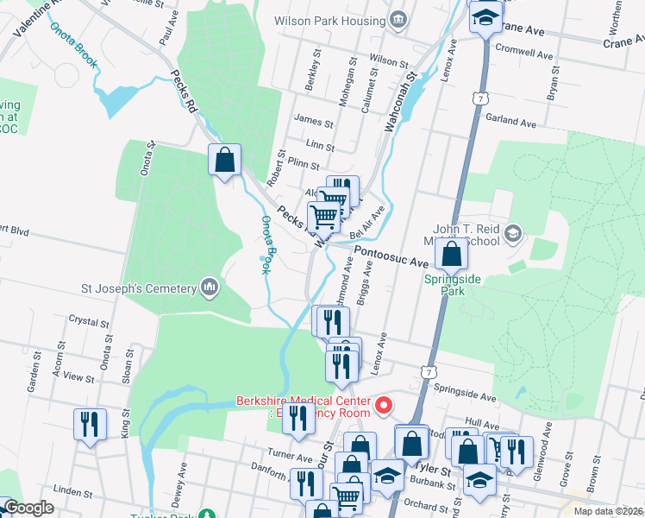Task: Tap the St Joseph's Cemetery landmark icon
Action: click(209, 286)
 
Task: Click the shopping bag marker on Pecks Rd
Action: click(224, 161)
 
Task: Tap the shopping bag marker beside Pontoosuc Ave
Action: click(451, 255)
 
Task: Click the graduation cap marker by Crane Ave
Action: click(485, 17)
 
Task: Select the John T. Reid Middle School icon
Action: click(513, 233)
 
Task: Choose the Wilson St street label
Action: click(388, 62)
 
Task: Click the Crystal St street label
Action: click(88, 319)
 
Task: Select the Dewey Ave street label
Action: click(182, 477)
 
